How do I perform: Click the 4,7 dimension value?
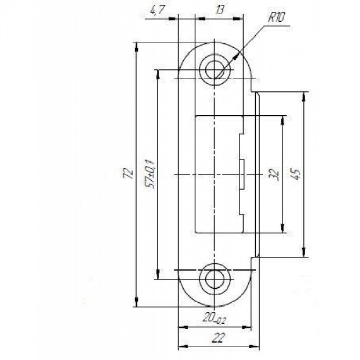156,11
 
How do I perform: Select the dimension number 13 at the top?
220,10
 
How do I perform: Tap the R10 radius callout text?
277,17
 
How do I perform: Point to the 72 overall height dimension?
128,174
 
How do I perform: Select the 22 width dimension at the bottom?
218,338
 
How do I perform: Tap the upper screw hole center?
214,70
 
